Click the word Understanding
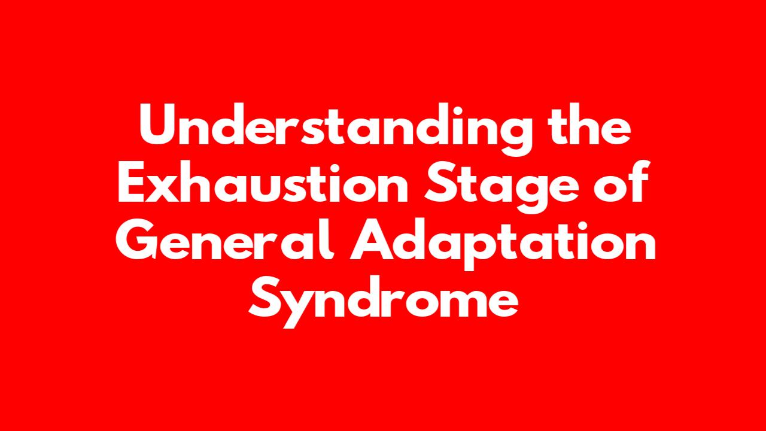[x=336, y=129]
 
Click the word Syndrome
[x=383, y=302]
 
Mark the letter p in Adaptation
[x=482, y=250]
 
